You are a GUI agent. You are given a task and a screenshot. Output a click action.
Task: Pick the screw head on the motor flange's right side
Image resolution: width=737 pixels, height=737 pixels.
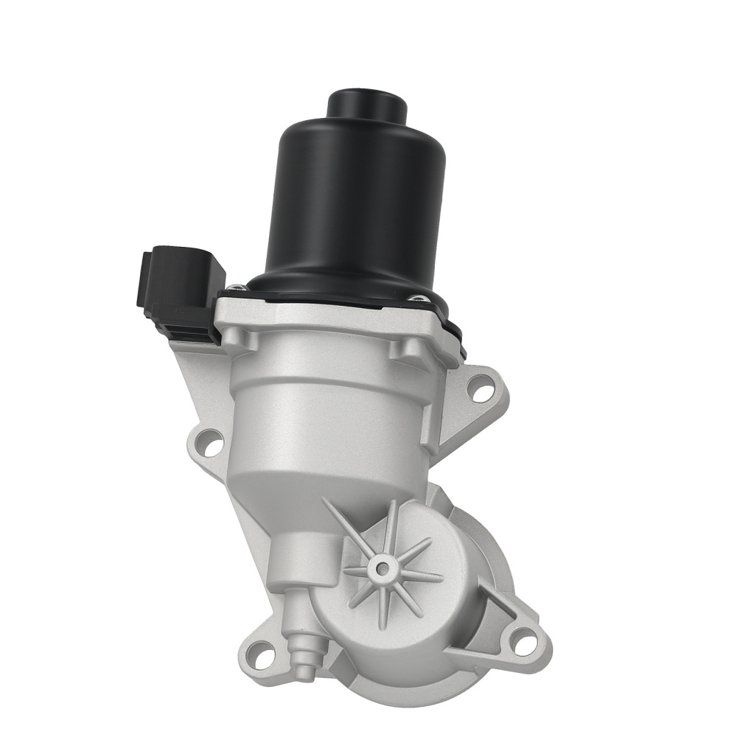coord(417,298)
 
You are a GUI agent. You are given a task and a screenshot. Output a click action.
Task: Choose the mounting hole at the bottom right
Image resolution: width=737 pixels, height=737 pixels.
coord(523,641)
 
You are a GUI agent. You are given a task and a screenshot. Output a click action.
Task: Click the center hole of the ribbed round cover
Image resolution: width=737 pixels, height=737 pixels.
coord(381,568)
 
